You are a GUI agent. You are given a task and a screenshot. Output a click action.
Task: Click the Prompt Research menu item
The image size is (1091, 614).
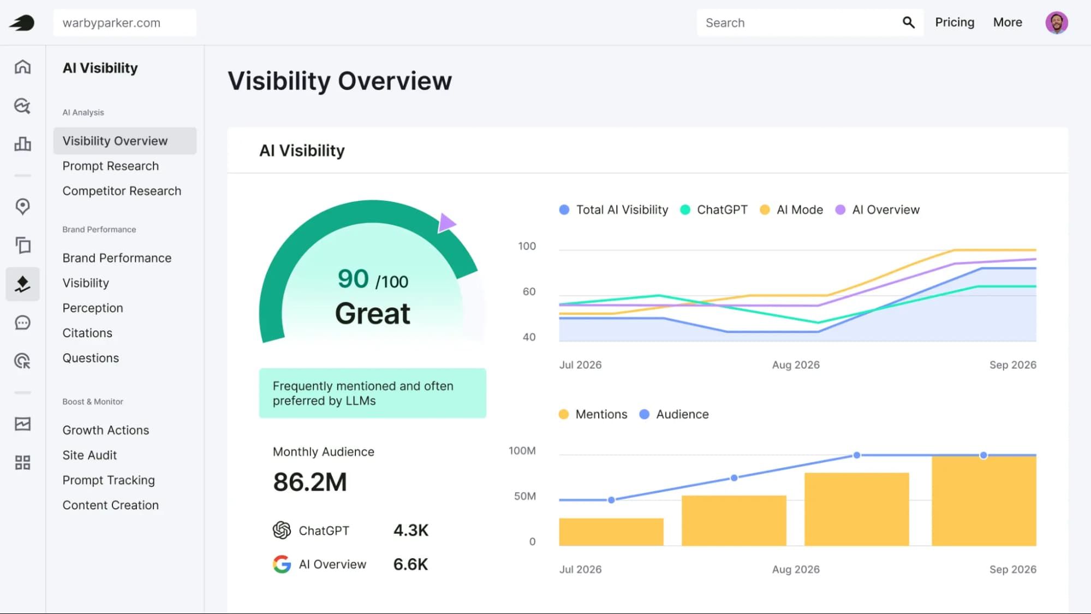click(110, 166)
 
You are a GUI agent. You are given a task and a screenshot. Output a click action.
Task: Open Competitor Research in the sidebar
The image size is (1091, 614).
click(122, 191)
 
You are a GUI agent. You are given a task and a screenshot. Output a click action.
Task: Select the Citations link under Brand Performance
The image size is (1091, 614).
click(87, 333)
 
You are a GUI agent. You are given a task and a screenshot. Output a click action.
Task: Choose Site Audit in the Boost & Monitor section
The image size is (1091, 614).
click(90, 455)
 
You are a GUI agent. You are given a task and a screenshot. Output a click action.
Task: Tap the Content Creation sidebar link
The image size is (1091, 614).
click(110, 505)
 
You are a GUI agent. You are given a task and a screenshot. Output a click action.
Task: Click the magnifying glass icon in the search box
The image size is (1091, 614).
click(908, 22)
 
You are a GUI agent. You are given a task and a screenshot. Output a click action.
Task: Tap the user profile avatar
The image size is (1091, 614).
click(1057, 22)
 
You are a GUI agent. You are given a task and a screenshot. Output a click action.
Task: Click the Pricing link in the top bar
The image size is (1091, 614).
click(955, 22)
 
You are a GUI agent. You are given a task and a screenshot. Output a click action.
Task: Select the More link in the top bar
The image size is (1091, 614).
click(1007, 22)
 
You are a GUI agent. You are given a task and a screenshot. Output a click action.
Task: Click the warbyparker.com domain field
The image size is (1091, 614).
click(125, 23)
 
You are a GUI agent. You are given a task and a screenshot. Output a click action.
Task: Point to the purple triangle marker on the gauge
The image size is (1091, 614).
click(446, 223)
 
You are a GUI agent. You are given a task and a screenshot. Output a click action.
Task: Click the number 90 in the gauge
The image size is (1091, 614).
click(353, 279)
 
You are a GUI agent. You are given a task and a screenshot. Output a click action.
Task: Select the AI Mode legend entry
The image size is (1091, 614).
click(791, 210)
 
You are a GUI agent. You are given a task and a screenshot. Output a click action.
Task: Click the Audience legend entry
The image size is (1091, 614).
click(674, 414)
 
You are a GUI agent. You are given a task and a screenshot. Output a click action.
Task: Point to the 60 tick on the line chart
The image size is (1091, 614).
click(529, 291)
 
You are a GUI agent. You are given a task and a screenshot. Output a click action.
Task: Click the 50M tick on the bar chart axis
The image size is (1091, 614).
click(525, 496)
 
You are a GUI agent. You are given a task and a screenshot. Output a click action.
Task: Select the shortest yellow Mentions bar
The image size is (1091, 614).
click(611, 532)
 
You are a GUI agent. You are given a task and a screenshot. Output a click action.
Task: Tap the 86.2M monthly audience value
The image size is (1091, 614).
click(310, 482)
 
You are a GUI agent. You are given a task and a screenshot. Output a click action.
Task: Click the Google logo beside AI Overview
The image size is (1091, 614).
click(282, 564)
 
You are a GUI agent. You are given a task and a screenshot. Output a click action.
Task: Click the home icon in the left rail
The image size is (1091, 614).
click(22, 67)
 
